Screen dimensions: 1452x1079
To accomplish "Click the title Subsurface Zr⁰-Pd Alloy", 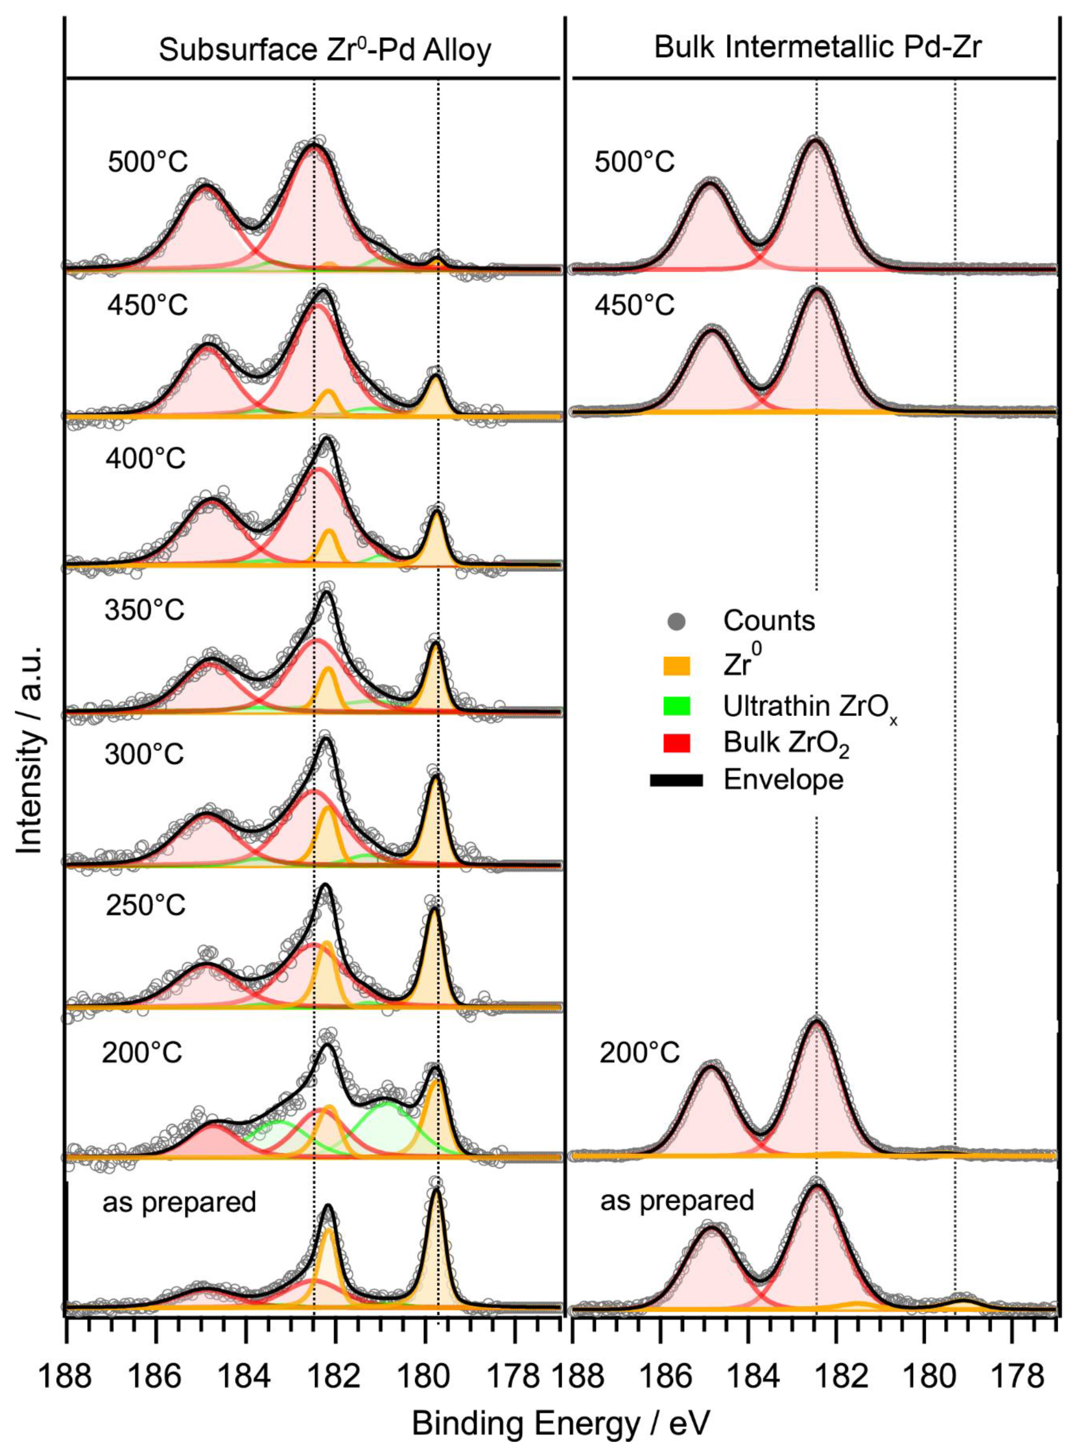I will click(x=324, y=50).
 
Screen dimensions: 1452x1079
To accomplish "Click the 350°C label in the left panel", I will click(x=145, y=610).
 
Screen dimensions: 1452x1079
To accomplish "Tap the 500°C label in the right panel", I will click(x=633, y=161).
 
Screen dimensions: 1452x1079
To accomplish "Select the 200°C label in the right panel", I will click(x=639, y=1053).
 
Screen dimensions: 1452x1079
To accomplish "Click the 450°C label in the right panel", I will click(x=633, y=305).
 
